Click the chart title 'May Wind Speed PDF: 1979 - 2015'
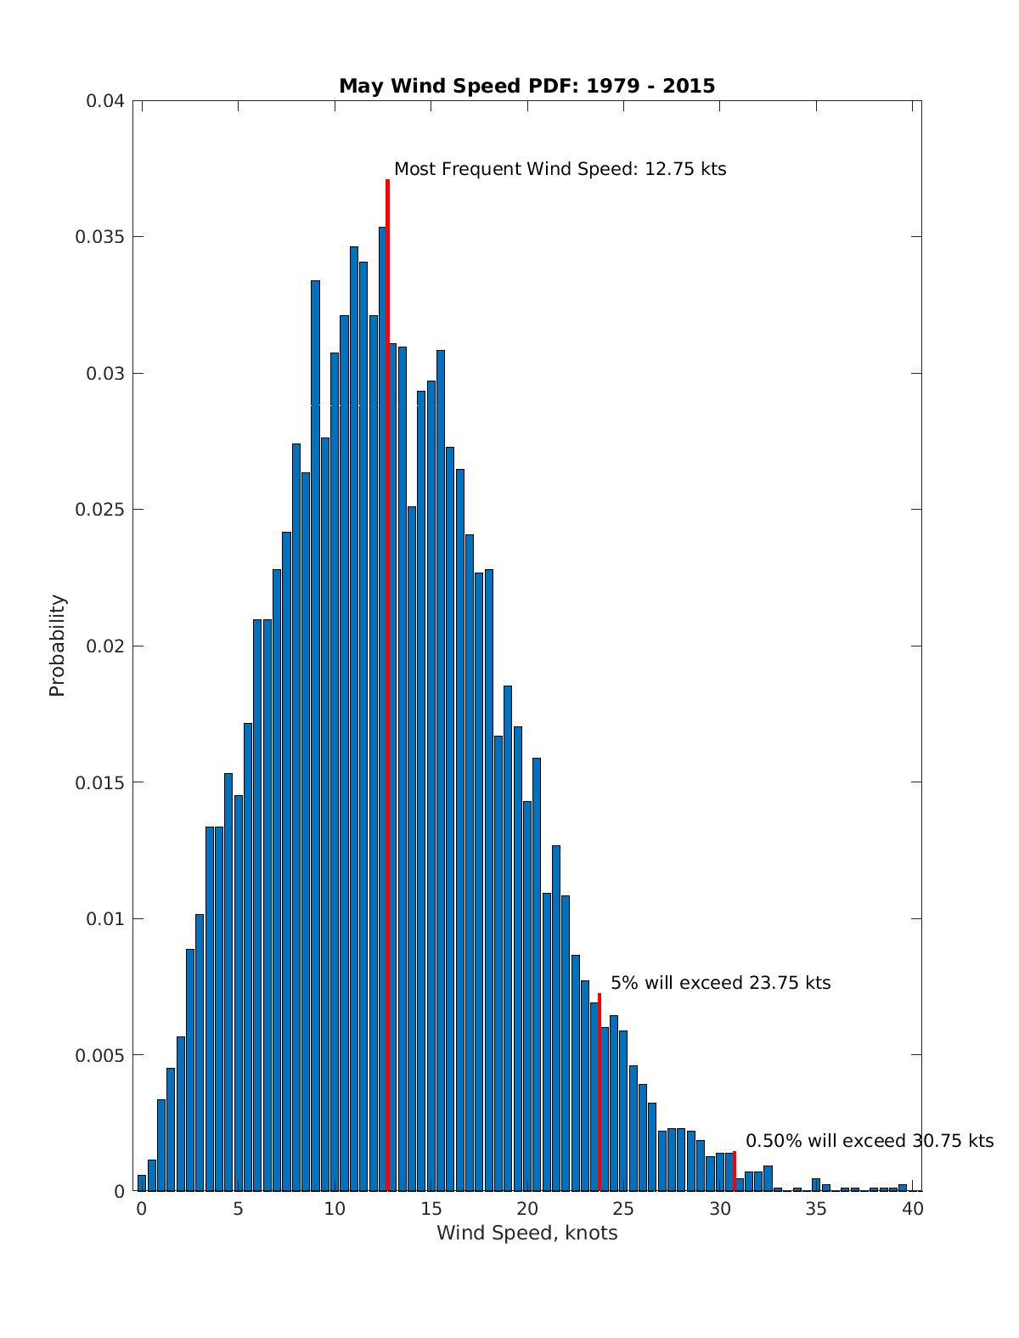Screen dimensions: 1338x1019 coord(526,86)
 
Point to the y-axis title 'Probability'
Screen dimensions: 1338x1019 coord(57,646)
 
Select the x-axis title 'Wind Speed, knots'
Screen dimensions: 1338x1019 coord(526,1233)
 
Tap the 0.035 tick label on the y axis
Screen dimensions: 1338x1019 coord(100,237)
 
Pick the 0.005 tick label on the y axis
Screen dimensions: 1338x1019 coord(100,1055)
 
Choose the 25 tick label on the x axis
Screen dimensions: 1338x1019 coord(624,1209)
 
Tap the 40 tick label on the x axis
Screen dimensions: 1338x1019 coord(913,1209)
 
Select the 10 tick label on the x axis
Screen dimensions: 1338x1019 coord(335,1209)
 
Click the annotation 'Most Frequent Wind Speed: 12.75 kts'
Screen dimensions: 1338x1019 coord(560,169)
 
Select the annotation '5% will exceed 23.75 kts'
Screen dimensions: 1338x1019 coord(720,983)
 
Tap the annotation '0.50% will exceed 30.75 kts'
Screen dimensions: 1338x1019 coord(869,1141)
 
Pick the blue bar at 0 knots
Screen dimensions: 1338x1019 coord(142,1183)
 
